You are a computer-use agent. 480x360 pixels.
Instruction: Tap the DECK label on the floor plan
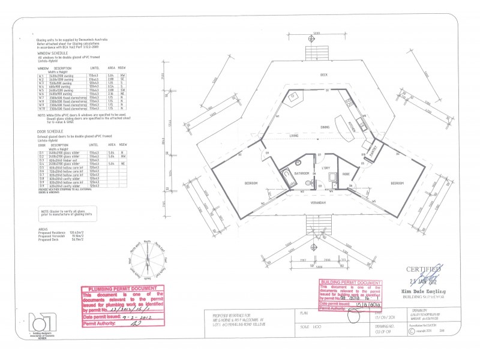323,74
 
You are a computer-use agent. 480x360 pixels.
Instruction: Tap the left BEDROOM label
251,182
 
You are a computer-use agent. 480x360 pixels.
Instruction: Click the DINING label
325,127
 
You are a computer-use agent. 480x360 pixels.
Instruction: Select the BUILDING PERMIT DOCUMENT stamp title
351,282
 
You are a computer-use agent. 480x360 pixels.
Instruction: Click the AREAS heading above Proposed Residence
43,229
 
